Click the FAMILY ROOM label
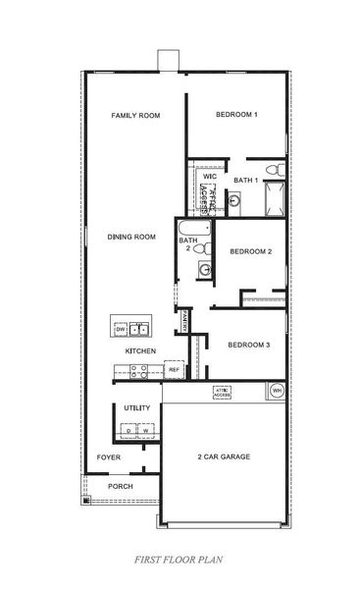[x=135, y=115]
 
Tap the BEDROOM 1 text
[x=236, y=115]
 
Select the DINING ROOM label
[x=131, y=237]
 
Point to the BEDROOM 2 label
[x=250, y=252]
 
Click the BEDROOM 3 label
[x=248, y=345]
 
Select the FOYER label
[x=108, y=457]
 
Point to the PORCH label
[x=120, y=486]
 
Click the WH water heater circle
[x=276, y=391]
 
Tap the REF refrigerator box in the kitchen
[x=174, y=370]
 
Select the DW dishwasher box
[x=120, y=329]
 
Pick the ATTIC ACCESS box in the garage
[x=222, y=392]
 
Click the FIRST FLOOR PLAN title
[x=180, y=561]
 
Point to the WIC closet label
[x=209, y=177]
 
